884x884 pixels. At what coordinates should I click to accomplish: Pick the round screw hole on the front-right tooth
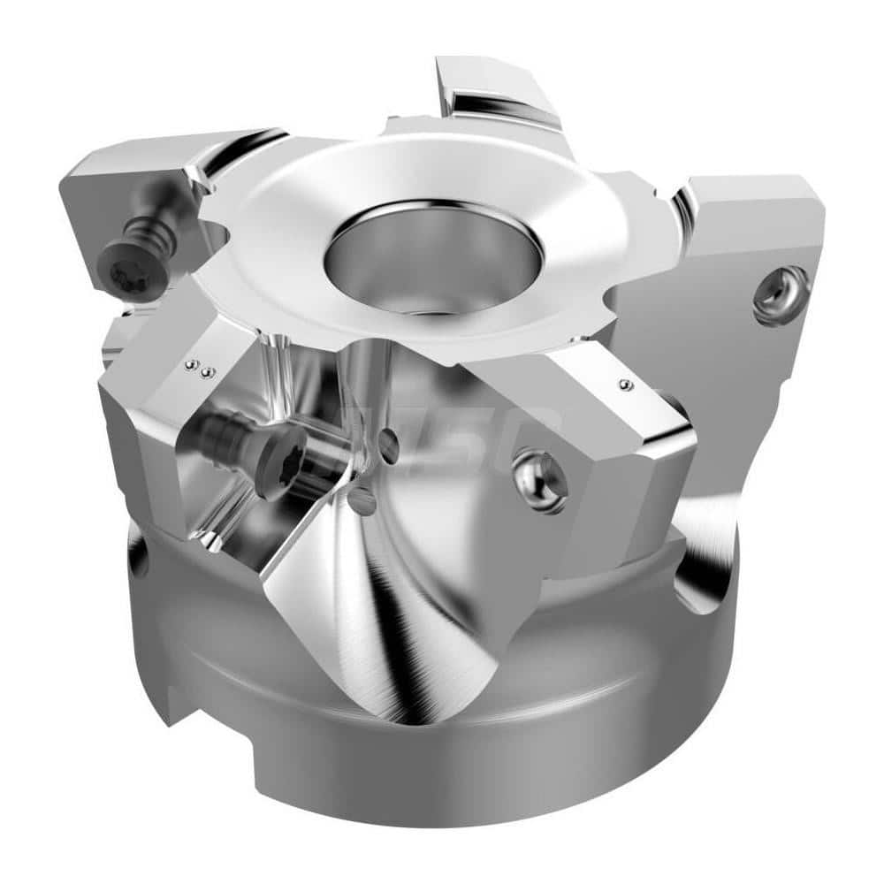pyautogui.click(x=541, y=481)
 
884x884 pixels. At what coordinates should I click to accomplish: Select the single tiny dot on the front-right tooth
pyautogui.click(x=626, y=385)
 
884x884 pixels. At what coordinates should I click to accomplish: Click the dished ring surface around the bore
pyautogui.click(x=292, y=265)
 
